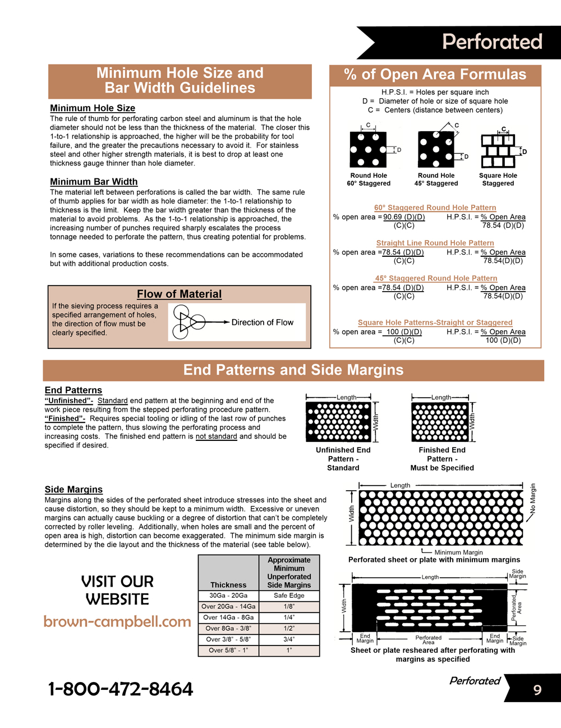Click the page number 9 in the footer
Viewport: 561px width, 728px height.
[x=537, y=689]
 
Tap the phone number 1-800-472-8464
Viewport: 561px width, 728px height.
[x=121, y=689]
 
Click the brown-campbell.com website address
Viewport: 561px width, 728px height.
[x=117, y=621]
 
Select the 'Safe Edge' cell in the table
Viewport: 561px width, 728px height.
[x=289, y=596]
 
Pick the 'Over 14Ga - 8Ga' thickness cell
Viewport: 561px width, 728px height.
[x=228, y=618]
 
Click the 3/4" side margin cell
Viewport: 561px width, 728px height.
[x=289, y=639]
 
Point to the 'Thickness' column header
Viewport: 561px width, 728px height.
[x=228, y=585]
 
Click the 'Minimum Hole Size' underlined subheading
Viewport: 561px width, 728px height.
[x=93, y=108]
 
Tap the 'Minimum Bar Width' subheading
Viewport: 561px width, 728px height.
[x=94, y=182]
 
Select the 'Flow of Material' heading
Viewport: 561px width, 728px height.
[x=179, y=294]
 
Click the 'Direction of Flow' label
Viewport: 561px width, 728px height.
[x=263, y=322]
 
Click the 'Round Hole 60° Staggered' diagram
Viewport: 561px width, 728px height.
[x=368, y=150]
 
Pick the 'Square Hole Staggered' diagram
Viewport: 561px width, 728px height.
[x=498, y=150]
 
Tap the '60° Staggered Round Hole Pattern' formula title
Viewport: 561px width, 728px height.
[x=435, y=208]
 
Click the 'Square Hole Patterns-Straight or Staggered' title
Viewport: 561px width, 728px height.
[x=435, y=322]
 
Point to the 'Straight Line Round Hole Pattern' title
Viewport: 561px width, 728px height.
[x=435, y=243]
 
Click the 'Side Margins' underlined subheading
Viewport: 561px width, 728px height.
[x=73, y=490]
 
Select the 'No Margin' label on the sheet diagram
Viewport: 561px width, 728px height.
[x=533, y=499]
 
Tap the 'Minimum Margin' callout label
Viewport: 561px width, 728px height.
[x=458, y=552]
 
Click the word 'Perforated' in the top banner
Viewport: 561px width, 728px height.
[x=492, y=42]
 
